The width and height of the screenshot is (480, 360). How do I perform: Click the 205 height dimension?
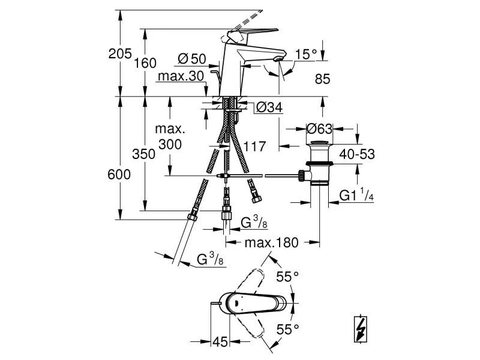click(x=120, y=54)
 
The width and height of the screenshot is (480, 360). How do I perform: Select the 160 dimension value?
click(x=146, y=62)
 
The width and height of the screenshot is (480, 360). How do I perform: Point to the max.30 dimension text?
click(x=181, y=76)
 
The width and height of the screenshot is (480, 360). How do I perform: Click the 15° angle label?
click(x=305, y=55)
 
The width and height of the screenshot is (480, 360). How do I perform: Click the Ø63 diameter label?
click(x=319, y=128)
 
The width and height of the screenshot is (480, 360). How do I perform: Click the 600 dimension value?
click(x=119, y=174)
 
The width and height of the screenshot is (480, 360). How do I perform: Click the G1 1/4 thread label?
click(x=356, y=196)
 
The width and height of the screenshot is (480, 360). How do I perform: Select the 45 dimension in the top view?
click(x=220, y=342)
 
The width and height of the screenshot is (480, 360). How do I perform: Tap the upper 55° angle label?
click(x=287, y=277)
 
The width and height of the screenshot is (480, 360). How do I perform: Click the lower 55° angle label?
click(x=287, y=329)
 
